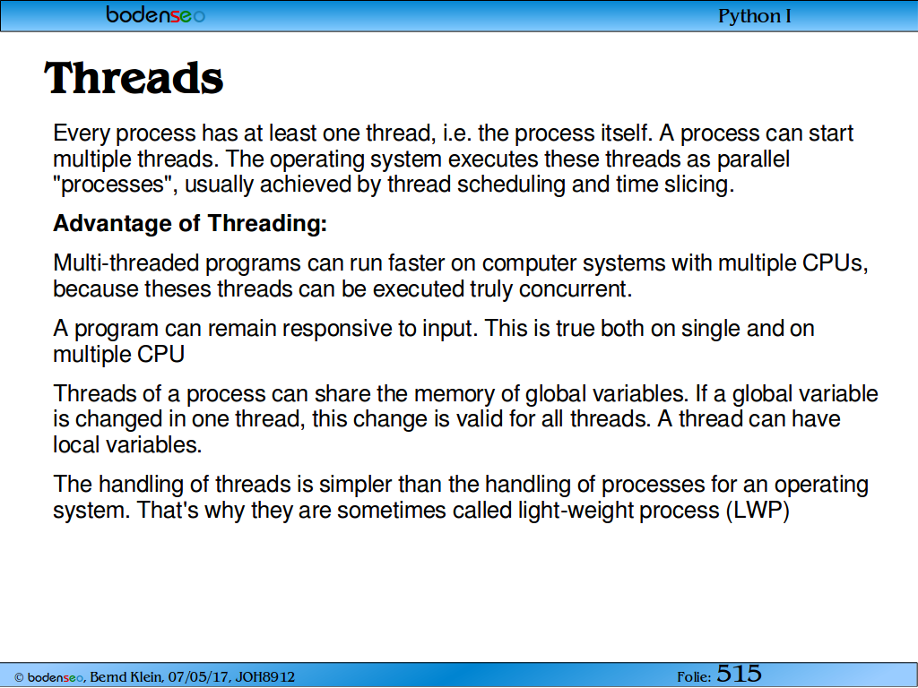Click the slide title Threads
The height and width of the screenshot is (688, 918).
click(134, 79)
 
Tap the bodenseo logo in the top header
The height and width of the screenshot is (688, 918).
click(156, 14)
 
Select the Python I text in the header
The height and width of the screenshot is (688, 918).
click(754, 16)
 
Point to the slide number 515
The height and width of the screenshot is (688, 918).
click(739, 674)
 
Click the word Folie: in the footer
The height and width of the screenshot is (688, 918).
click(694, 677)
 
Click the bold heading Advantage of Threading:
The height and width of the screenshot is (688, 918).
click(190, 223)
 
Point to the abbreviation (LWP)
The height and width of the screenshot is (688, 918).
click(758, 510)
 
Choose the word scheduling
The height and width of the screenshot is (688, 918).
click(511, 185)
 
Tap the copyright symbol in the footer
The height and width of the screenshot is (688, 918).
click(19, 677)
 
